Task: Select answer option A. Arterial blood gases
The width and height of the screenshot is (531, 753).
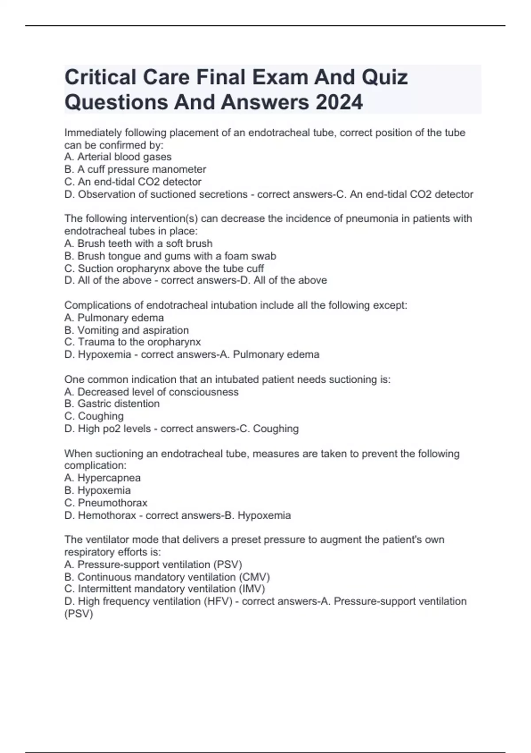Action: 118,157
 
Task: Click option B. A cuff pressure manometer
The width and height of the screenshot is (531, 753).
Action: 135,169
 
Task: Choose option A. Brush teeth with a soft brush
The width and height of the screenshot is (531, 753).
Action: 138,243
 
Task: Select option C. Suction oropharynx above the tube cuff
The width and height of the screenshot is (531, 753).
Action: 164,268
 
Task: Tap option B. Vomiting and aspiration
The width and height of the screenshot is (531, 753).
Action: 127,330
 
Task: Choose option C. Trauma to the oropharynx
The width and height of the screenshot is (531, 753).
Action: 132,342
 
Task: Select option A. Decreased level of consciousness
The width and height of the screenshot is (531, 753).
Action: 151,392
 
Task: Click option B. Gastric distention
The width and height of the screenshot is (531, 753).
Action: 112,404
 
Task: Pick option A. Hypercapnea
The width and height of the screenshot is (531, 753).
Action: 102,478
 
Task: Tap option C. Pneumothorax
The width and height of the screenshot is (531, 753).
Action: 106,503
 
